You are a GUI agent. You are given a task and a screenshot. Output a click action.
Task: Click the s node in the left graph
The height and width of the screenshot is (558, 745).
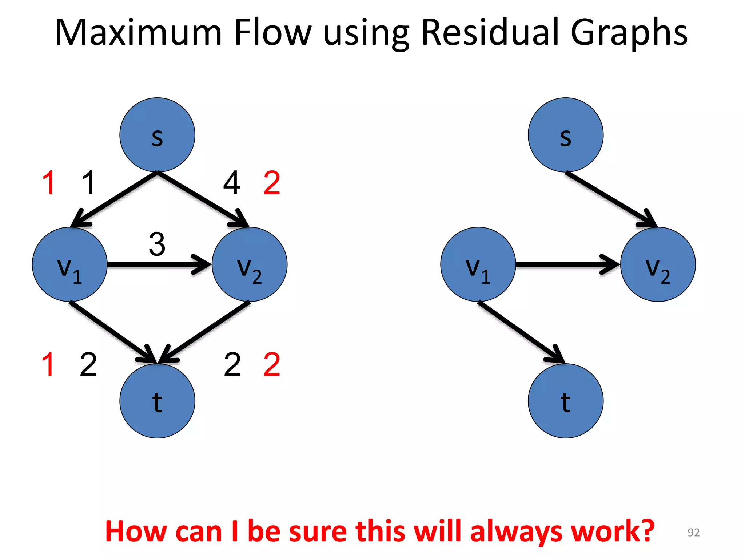click(x=157, y=135)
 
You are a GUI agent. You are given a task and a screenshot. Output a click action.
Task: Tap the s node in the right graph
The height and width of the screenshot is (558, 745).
click(x=565, y=135)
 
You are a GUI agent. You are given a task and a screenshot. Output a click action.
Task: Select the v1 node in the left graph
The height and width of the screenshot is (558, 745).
click(x=69, y=264)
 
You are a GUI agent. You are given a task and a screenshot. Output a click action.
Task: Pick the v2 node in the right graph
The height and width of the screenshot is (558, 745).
click(x=658, y=264)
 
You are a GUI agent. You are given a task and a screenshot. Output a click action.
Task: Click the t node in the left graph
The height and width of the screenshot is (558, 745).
click(x=157, y=401)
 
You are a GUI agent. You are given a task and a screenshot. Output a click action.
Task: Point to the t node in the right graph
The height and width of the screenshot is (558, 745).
click(x=565, y=401)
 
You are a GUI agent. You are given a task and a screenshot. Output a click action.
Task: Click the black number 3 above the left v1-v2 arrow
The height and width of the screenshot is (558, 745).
click(x=157, y=244)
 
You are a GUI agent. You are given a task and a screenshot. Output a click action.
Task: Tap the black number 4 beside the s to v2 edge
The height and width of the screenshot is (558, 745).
click(x=232, y=183)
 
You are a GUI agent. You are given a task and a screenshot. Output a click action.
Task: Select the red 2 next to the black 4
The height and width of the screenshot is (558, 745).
click(x=272, y=183)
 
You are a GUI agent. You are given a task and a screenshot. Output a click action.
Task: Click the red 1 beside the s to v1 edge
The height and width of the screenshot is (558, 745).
click(x=49, y=183)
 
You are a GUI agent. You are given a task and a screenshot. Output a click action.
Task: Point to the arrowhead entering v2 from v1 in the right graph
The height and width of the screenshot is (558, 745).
click(x=611, y=264)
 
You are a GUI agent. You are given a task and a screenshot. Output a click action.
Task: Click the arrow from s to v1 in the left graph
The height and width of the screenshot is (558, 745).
click(x=115, y=199)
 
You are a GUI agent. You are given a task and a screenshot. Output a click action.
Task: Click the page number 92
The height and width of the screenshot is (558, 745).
click(x=693, y=532)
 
